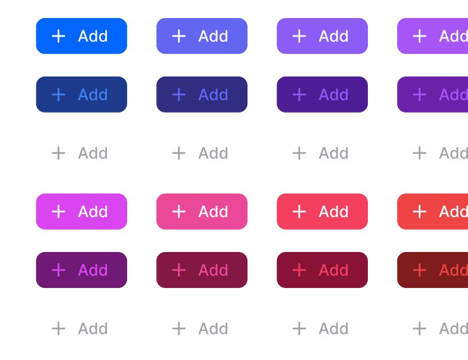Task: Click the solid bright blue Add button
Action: (x=82, y=36)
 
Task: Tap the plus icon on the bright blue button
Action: (x=58, y=36)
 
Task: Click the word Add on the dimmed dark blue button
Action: (x=93, y=94)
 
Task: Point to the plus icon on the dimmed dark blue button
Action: (x=58, y=94)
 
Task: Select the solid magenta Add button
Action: (x=82, y=211)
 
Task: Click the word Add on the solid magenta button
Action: (x=93, y=211)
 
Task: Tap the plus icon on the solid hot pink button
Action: (x=179, y=211)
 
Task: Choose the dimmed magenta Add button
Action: (x=82, y=270)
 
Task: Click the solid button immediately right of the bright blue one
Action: (x=202, y=36)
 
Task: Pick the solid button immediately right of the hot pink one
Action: (x=322, y=211)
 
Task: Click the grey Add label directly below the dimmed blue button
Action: (x=93, y=153)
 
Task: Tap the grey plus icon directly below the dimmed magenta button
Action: (x=58, y=328)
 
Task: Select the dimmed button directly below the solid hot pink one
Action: (x=202, y=270)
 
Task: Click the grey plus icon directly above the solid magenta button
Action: (x=58, y=153)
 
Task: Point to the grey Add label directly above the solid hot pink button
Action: (x=213, y=153)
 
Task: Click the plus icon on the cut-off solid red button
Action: (x=420, y=211)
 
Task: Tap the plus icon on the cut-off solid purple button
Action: (x=420, y=36)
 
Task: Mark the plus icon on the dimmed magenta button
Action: (x=58, y=270)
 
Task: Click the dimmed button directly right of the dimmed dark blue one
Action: (x=202, y=94)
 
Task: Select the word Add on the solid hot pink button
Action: (x=213, y=211)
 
